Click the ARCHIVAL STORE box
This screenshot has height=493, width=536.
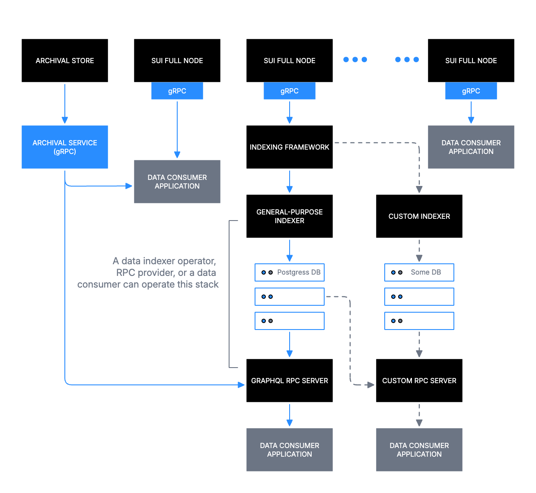click(65, 61)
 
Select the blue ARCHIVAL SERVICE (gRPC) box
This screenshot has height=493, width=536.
click(65, 147)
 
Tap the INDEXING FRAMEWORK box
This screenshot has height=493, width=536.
click(290, 147)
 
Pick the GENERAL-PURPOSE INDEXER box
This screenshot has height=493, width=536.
click(290, 216)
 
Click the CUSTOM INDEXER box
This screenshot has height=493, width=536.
click(419, 216)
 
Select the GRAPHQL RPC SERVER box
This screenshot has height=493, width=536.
click(290, 381)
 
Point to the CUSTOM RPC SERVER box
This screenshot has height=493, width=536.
click(419, 381)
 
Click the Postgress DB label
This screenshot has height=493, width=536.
click(299, 272)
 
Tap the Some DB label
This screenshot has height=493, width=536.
click(426, 272)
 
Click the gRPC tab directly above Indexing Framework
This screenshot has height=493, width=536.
click(290, 91)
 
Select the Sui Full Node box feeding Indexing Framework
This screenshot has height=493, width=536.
click(290, 61)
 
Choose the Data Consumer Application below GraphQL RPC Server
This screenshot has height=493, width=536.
click(290, 450)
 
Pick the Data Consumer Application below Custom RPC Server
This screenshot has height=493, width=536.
click(419, 450)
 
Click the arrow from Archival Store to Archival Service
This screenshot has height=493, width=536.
click(65, 104)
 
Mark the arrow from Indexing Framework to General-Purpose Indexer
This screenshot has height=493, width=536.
click(290, 182)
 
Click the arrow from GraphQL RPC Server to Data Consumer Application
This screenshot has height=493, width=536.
click(290, 415)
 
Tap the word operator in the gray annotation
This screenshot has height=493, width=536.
click(197, 261)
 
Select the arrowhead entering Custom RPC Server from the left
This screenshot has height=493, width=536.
click(370, 384)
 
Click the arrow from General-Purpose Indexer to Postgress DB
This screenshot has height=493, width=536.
click(290, 251)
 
